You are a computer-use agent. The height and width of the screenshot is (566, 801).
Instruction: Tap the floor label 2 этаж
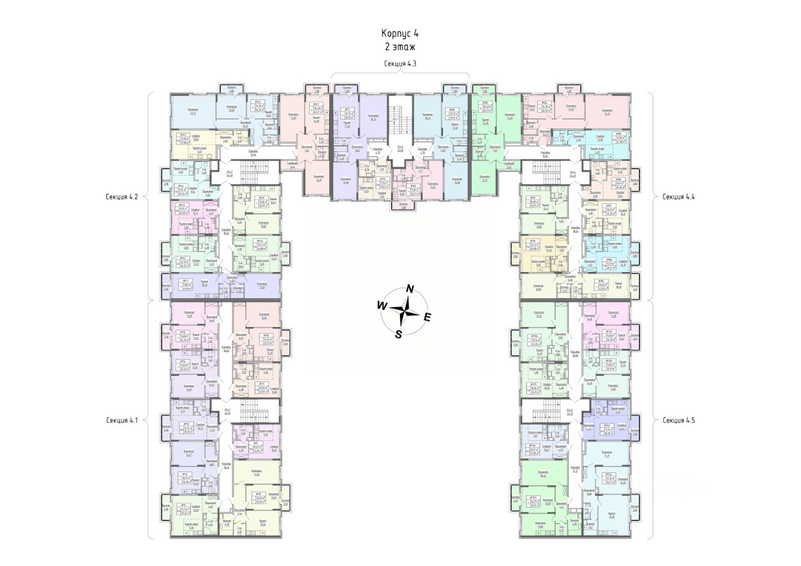400,46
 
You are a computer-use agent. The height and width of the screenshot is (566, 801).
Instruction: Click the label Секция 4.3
400,64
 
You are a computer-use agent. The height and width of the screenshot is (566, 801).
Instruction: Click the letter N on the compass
411,288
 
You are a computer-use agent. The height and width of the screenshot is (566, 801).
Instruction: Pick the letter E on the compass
428,317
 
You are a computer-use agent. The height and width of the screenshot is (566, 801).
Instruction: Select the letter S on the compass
398,333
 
